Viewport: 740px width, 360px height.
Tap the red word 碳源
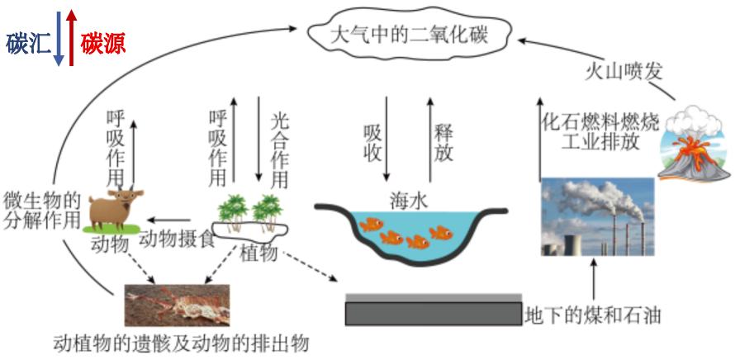click(x=103, y=44)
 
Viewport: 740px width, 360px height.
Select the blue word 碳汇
click(x=27, y=44)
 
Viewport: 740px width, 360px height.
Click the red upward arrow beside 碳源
click(x=72, y=37)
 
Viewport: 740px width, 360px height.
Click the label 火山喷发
click(x=611, y=71)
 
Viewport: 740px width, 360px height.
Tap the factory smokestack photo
click(x=597, y=216)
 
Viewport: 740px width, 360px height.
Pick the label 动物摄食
click(x=176, y=239)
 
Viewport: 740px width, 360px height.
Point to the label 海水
click(x=408, y=199)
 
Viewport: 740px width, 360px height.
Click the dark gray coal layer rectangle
click(x=434, y=313)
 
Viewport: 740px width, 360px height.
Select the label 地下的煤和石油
click(x=594, y=315)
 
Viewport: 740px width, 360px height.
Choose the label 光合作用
click(x=281, y=149)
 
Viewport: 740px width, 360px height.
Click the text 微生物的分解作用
click(x=41, y=211)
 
